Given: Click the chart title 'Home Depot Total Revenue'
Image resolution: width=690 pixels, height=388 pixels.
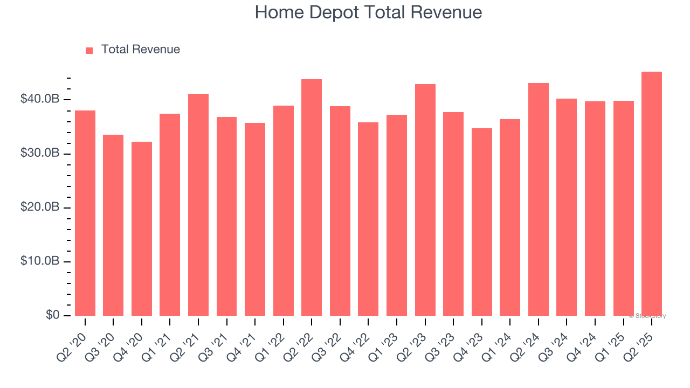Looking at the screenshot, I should tap(368, 12).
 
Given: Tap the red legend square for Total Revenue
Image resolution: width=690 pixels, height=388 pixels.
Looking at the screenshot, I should tap(89, 50).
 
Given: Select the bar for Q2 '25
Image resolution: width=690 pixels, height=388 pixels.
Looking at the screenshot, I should tap(652, 193).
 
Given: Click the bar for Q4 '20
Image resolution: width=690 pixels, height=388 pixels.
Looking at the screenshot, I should tap(142, 228).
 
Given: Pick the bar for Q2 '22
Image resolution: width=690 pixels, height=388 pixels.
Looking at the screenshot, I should tap(312, 197).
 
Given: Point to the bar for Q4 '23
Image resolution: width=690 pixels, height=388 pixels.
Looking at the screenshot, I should tap(481, 222).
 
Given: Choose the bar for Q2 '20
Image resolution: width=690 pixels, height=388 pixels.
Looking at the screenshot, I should tap(85, 213).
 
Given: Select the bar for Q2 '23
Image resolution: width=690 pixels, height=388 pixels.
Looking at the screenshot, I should tap(425, 200).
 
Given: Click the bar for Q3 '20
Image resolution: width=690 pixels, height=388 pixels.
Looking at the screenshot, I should tap(113, 225).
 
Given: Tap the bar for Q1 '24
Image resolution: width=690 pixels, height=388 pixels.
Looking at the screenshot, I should tap(510, 217).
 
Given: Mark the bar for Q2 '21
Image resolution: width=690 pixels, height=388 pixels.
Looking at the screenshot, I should tap(198, 205).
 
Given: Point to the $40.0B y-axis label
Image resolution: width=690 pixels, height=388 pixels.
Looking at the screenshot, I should tap(40, 99).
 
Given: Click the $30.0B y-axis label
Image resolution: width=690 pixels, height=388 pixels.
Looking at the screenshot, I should tap(40, 153).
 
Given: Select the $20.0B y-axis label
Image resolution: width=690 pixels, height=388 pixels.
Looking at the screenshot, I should tap(40, 207).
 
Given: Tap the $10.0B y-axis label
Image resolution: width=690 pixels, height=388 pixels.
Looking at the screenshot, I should tap(40, 261).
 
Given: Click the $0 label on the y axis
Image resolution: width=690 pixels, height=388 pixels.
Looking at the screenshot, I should tap(52, 315).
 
